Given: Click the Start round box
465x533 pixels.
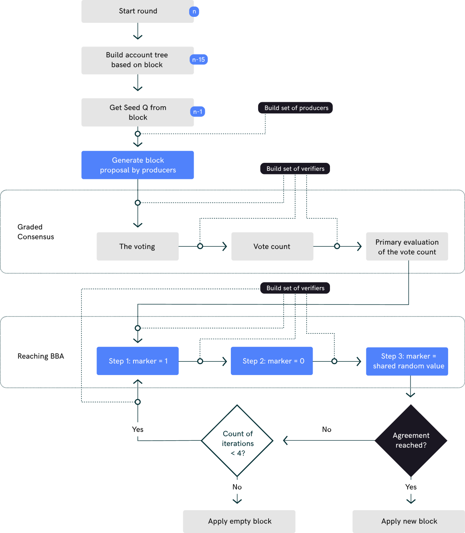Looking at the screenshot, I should click(137, 11).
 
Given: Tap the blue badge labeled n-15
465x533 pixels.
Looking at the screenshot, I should click(198, 60).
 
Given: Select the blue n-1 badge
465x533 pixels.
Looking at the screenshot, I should click(198, 112).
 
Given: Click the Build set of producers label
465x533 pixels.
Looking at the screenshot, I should click(296, 108).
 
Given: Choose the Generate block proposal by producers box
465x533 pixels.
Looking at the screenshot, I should click(137, 165).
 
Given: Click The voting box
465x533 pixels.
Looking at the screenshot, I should click(137, 246).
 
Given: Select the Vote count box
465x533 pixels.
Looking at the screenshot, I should click(272, 246).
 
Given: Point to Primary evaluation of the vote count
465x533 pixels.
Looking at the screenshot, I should click(407, 247).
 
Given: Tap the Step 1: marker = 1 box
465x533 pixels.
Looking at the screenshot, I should click(137, 361).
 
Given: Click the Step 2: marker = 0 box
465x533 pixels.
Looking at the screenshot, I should click(272, 361).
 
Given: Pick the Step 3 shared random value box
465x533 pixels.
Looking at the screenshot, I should click(407, 361).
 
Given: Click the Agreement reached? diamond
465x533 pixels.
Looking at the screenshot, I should click(411, 440).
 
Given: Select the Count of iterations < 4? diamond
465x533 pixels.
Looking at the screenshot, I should click(237, 441).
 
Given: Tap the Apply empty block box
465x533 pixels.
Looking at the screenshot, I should click(239, 521).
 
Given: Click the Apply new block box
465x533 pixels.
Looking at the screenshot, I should click(408, 521).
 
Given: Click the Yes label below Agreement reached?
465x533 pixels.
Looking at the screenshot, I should click(411, 487).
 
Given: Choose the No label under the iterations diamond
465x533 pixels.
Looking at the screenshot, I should click(237, 487).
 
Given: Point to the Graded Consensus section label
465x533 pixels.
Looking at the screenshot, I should click(35, 232).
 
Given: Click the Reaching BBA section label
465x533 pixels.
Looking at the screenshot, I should click(40, 356).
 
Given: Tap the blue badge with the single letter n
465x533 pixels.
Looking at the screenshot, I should click(194, 12).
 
